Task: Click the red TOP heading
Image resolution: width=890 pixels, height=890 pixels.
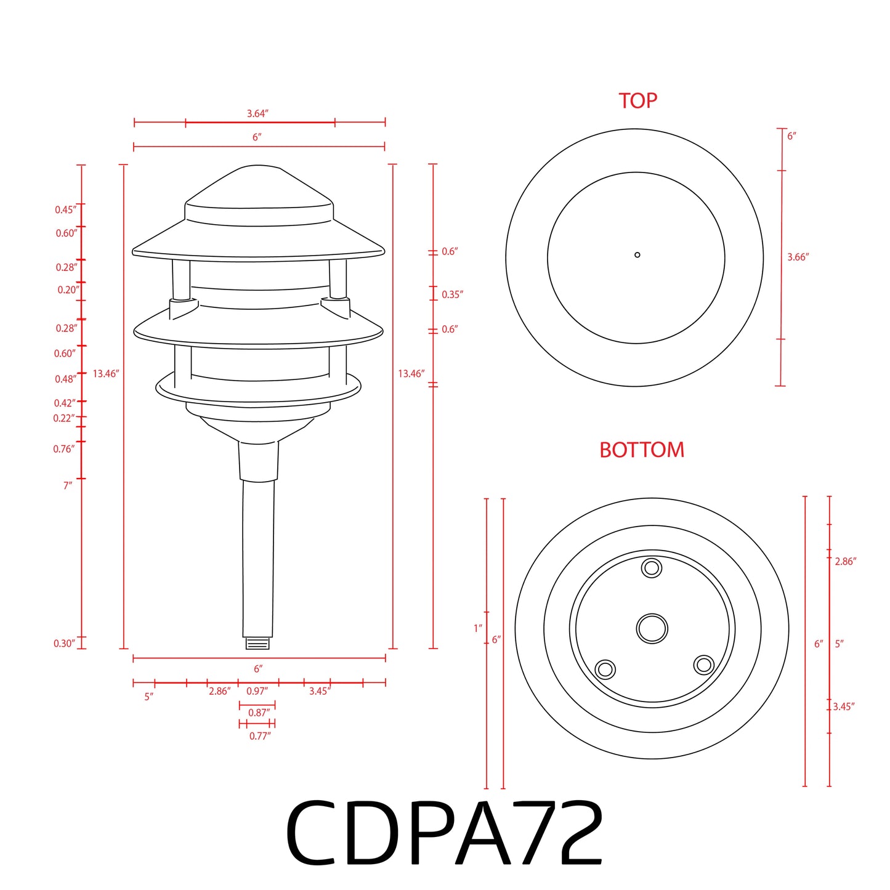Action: pos(637,100)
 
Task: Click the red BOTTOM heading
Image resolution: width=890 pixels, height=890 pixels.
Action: pos(641,450)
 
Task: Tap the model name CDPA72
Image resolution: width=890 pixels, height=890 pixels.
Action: pos(444,834)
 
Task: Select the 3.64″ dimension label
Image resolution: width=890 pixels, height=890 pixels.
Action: pos(257,113)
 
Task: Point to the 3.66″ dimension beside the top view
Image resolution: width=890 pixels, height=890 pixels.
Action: pos(798,257)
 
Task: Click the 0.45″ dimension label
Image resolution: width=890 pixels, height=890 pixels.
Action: pos(66,210)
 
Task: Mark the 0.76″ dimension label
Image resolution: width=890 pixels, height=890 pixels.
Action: pos(64,449)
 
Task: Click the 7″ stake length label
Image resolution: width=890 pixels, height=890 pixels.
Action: pos(68,485)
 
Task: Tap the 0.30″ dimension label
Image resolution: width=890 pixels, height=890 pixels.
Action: pos(64,644)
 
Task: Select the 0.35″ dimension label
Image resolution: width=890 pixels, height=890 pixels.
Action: pos(452,294)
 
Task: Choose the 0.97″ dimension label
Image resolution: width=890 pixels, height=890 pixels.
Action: pos(257,691)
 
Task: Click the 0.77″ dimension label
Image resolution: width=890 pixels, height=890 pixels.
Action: pos(260,735)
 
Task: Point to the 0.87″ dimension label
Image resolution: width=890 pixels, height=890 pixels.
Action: pos(259,713)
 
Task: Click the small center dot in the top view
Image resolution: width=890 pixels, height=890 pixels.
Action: pos(637,254)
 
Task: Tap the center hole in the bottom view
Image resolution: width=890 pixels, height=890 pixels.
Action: pos(652,628)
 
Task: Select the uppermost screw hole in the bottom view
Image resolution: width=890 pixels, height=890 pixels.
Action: pos(652,567)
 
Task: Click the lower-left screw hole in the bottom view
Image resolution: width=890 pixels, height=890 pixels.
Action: pos(605,669)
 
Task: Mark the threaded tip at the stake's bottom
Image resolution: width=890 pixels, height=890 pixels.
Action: pos(258,643)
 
